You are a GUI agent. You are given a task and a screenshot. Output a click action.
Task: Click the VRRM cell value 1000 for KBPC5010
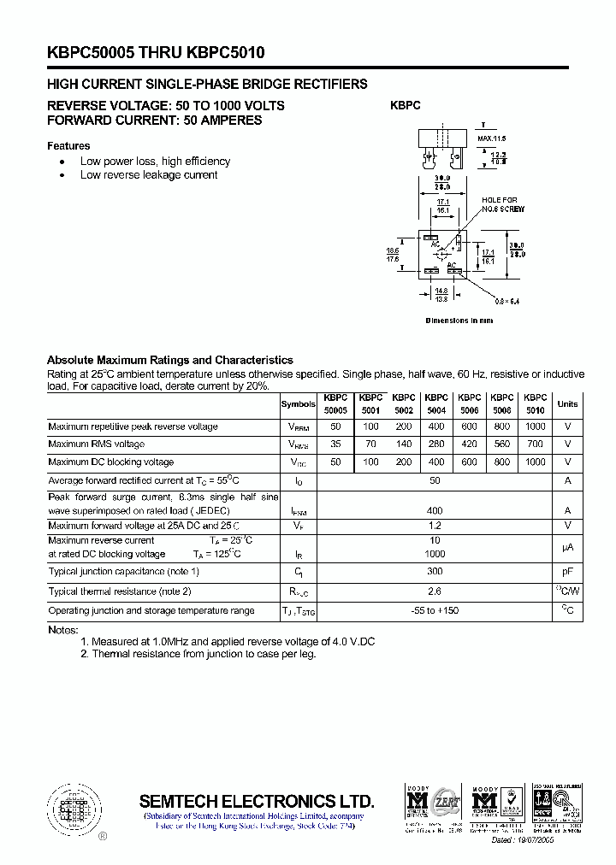[535, 427]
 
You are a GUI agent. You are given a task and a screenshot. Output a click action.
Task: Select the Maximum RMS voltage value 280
[435, 444]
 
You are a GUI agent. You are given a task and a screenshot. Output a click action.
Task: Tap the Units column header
[567, 404]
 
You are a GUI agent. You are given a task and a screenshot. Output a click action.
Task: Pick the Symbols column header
[298, 404]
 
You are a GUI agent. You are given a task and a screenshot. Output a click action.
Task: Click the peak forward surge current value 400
[435, 510]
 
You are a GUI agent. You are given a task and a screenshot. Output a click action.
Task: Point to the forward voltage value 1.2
[435, 526]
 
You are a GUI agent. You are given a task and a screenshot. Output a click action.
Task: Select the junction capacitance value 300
[435, 571]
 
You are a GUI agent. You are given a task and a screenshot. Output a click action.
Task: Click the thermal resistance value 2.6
[435, 591]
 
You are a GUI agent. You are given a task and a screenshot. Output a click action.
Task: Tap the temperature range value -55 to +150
[435, 610]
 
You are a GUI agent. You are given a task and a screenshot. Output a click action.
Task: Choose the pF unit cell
[567, 571]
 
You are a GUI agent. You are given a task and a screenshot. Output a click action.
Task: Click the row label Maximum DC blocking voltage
[111, 462]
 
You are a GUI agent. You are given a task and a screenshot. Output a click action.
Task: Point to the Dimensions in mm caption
[459, 321]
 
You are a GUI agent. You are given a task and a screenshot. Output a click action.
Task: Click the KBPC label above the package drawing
[406, 106]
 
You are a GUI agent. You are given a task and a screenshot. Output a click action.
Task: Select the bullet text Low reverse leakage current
[149, 175]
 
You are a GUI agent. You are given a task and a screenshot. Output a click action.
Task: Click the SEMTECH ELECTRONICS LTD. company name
[257, 801]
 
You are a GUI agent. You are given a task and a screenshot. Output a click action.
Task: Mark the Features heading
[68, 146]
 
